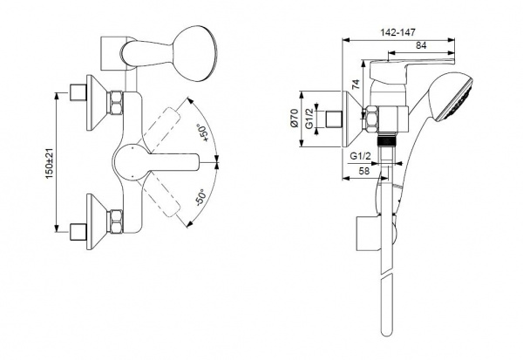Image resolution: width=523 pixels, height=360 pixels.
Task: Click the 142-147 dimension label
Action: pyautogui.click(x=398, y=32)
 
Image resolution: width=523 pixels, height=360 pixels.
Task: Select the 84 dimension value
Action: pyautogui.click(x=421, y=45)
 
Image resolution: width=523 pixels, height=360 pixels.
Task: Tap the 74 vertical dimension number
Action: pyautogui.click(x=357, y=84)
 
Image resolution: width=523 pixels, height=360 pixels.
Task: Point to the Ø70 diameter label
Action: pyautogui.click(x=294, y=118)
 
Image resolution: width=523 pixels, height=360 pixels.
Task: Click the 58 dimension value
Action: pyautogui.click(x=364, y=171)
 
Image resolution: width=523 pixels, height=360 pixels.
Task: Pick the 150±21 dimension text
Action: pyautogui.click(x=50, y=163)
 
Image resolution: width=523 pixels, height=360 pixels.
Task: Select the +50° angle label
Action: pyautogui.click(x=202, y=132)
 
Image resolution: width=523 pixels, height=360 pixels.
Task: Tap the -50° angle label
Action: pyautogui.click(x=200, y=197)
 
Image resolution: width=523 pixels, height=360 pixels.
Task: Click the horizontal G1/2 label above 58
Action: pyautogui.click(x=360, y=156)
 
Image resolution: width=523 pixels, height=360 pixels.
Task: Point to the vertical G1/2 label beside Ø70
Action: pyautogui.click(x=309, y=119)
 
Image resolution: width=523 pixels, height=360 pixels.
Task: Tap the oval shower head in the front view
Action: pyautogui.click(x=194, y=53)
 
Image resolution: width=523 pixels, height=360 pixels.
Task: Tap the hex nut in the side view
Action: pyautogui.click(x=372, y=119)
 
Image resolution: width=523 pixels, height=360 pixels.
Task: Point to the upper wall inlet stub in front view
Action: pyautogui.click(x=78, y=92)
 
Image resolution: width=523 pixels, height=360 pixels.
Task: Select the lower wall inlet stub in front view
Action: pyautogui.click(x=78, y=232)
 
